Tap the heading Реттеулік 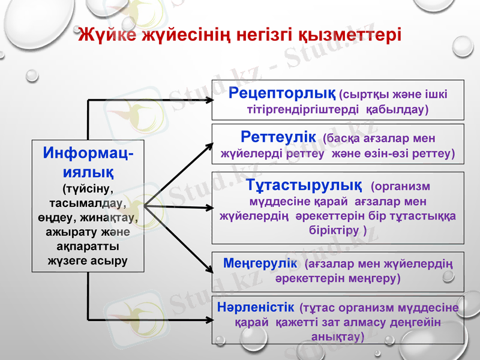(278, 136)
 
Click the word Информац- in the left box (88, 154)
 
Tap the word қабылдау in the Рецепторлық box (396, 110)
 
